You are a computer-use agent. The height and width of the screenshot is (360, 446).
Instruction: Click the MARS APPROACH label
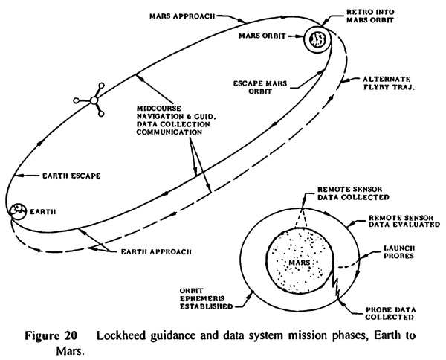(x=182, y=16)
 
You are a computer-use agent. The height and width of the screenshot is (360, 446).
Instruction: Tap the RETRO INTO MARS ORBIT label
(x=370, y=16)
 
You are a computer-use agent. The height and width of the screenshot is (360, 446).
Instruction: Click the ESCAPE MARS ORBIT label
(x=260, y=87)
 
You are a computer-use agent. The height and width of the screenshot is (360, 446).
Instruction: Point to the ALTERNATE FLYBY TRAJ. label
(x=389, y=83)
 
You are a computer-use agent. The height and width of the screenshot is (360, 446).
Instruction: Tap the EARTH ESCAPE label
(x=71, y=176)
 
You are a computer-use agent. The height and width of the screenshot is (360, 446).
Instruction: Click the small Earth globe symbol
(x=17, y=211)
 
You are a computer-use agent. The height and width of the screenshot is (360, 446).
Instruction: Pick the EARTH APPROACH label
(x=156, y=251)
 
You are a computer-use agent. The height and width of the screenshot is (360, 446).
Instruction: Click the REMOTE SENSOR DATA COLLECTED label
(x=353, y=193)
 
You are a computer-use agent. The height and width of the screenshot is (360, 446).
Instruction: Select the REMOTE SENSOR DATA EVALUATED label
(x=404, y=221)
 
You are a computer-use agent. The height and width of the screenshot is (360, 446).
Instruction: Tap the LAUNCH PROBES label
(x=398, y=252)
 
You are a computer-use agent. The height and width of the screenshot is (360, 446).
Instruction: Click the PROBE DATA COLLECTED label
(x=390, y=313)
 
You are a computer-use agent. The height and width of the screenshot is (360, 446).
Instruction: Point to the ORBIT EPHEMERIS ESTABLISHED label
(x=206, y=298)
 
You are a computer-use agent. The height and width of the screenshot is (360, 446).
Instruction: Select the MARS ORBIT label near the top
(x=262, y=36)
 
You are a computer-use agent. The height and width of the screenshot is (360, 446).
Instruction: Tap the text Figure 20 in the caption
(x=51, y=335)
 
